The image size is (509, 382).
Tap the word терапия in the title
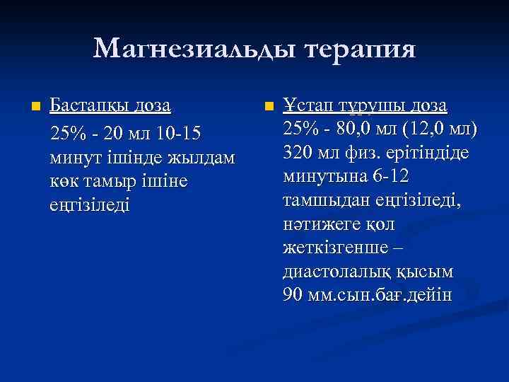[x=361, y=50]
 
